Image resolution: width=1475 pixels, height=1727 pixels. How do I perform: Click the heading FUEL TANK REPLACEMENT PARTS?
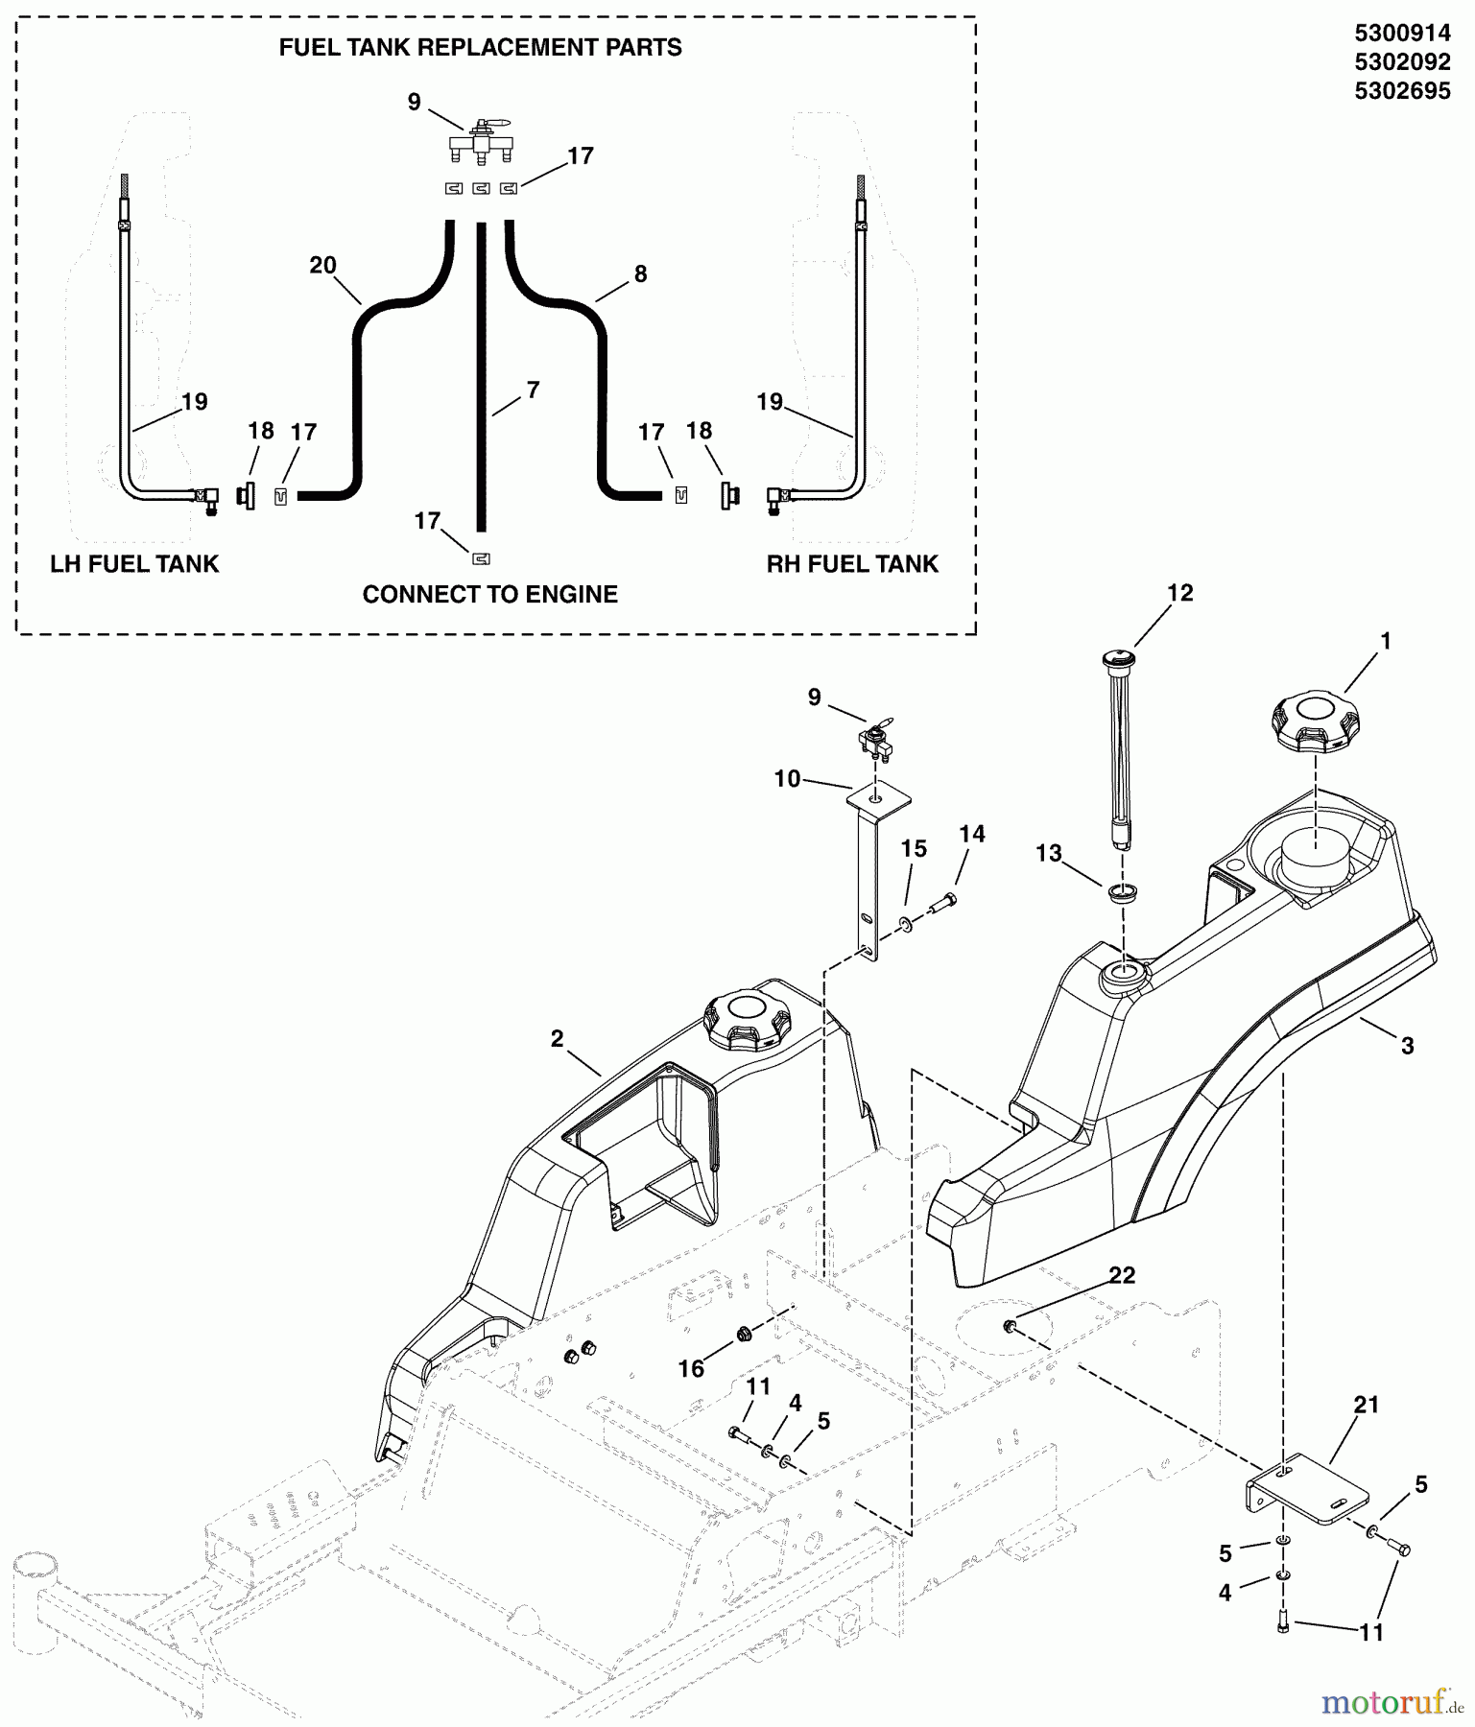(480, 48)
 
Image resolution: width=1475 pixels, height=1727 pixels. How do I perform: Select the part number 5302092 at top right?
(1402, 62)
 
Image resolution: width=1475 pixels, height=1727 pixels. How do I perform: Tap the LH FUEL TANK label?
(134, 564)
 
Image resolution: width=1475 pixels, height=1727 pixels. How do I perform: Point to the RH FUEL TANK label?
(852, 564)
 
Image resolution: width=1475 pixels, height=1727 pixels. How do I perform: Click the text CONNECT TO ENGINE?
(489, 594)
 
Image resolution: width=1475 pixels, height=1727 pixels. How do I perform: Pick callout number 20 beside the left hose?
(323, 265)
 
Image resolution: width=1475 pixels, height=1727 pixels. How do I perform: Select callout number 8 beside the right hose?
(640, 273)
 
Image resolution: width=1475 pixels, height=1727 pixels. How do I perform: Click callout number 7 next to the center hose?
(534, 390)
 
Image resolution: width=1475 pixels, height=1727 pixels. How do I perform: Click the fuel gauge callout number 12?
(1179, 593)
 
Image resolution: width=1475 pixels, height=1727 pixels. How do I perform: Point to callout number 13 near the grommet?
(1049, 853)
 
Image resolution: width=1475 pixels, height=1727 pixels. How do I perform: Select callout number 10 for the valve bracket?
(787, 778)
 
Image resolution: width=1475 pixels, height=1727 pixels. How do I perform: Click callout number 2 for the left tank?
(558, 1039)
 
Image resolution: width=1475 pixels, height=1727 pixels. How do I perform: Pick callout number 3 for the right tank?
(1407, 1045)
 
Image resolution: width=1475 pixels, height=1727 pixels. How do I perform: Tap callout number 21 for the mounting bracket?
(1366, 1405)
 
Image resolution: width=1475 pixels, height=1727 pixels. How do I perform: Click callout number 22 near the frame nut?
(1122, 1275)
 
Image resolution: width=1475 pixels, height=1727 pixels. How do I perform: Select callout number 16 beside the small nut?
(691, 1369)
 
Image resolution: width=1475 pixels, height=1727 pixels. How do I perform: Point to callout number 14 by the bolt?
(972, 834)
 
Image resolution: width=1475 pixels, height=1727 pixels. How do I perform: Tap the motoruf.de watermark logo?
(1392, 1702)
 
